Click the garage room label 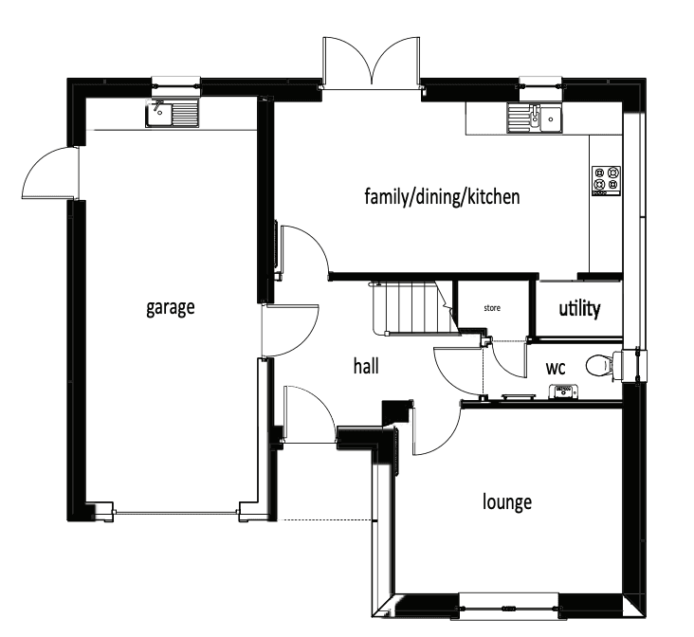(x=171, y=307)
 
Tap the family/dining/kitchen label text (x=443, y=197)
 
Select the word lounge (x=507, y=501)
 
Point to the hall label (x=366, y=365)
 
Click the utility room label (x=578, y=309)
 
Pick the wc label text (x=556, y=367)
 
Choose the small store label (x=492, y=308)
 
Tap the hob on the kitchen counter (x=606, y=179)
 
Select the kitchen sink (x=534, y=118)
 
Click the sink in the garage (x=172, y=116)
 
